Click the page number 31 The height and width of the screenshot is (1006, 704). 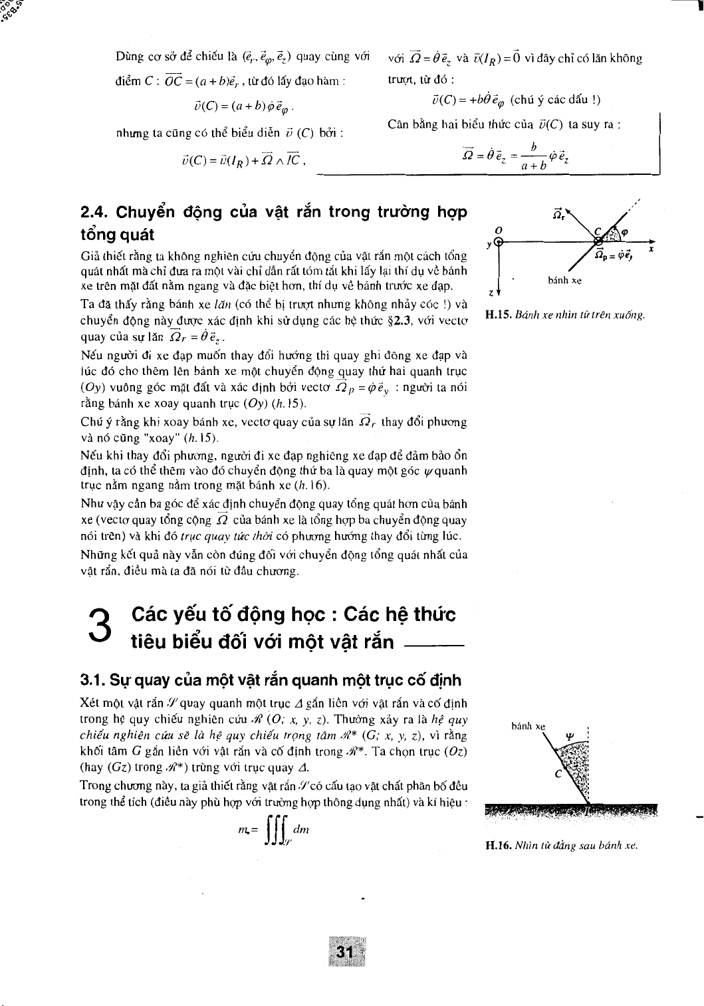344,951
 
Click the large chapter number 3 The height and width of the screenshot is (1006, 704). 100,627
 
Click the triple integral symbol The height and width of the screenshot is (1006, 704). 275,832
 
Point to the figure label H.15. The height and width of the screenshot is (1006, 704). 498,314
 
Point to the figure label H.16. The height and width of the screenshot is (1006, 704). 498,846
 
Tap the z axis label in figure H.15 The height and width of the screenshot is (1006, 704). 491,293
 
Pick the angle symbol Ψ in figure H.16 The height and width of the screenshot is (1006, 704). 569,736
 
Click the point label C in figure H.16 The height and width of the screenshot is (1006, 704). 558,773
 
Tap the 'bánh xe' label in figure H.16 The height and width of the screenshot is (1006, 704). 528,726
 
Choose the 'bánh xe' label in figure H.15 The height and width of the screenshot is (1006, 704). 564,281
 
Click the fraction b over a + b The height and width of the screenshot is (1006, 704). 534,156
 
